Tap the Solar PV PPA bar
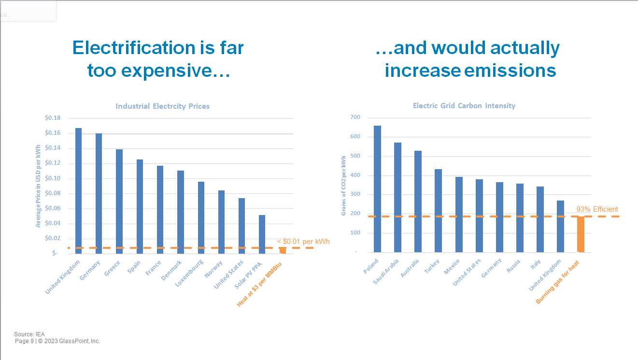pos(262,234)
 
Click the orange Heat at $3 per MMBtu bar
pos(283,250)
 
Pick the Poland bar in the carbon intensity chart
pos(377,189)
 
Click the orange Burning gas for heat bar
pos(581,234)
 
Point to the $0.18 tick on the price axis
pos(53,118)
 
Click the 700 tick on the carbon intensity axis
pos(355,117)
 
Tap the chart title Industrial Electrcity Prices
pos(162,106)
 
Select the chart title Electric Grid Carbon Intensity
pos(464,106)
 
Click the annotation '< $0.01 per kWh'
pos(303,241)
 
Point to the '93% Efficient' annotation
pos(597,209)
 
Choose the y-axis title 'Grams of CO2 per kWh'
pos(344,185)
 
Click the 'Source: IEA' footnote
pos(29,334)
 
